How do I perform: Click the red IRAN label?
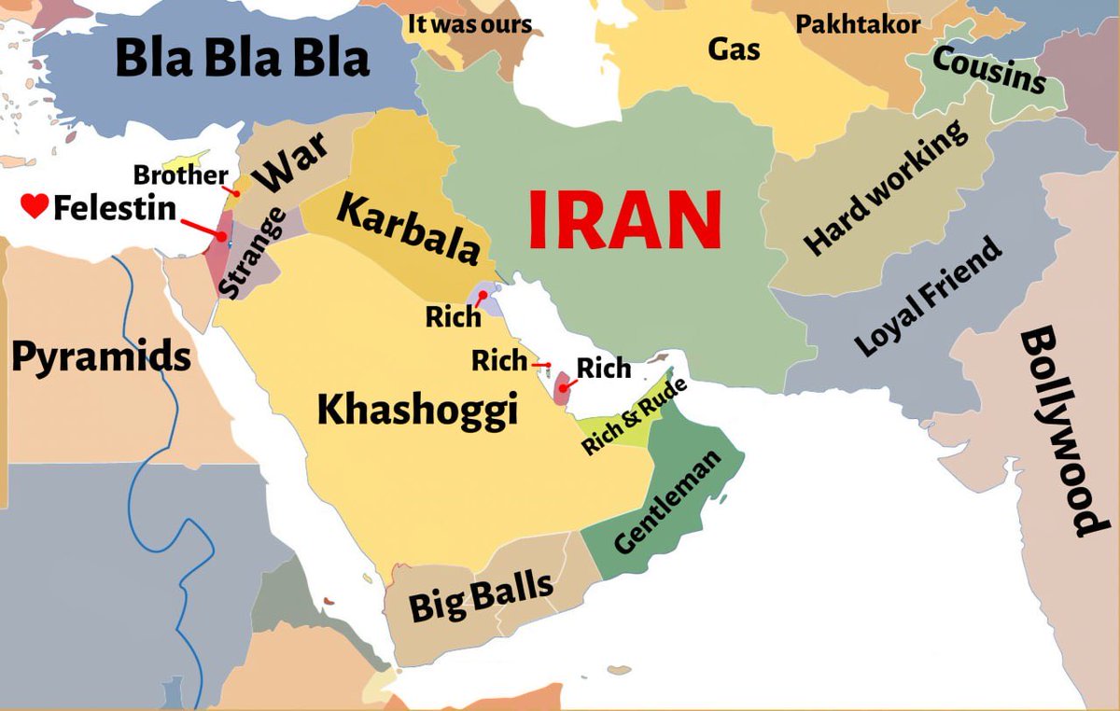pos(624,220)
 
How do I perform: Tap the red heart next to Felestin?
pos(34,206)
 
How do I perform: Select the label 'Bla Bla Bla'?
pos(242,58)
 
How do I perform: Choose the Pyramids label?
pos(101,356)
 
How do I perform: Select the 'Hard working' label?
pos(886,188)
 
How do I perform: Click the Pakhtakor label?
pos(857,23)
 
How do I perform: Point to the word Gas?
pos(733,48)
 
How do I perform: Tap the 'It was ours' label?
pos(469,23)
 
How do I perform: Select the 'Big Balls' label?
pos(481,594)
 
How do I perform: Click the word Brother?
pos(180,174)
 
